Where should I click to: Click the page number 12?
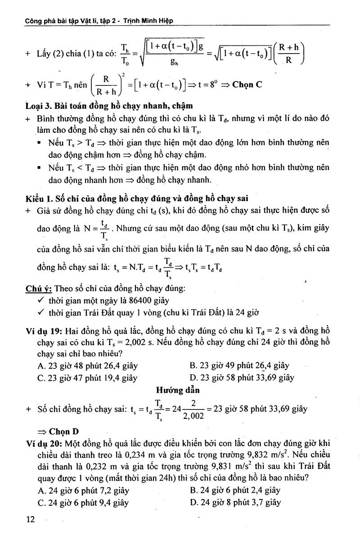[x=30, y=519]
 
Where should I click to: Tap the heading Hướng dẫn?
[x=178, y=390]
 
